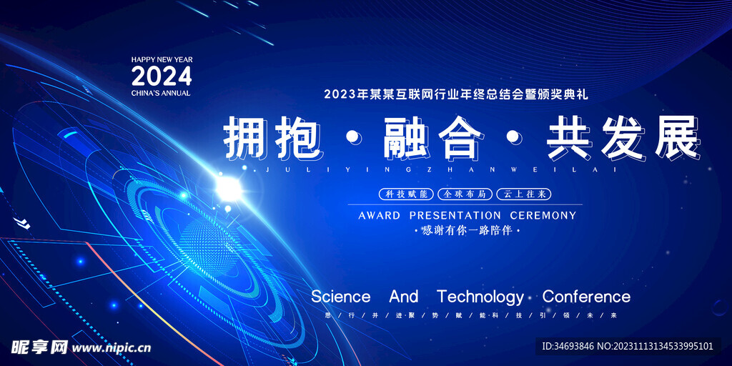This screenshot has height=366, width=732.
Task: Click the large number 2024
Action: click(162, 76)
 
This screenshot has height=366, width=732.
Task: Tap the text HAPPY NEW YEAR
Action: click(162, 59)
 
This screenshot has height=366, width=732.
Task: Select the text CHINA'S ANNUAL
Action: click(161, 93)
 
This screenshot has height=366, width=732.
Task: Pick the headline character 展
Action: click(675, 137)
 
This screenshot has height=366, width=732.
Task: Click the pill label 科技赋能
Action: click(405, 194)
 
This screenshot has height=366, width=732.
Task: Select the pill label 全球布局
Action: click(464, 194)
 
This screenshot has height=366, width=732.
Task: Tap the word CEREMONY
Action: click(543, 215)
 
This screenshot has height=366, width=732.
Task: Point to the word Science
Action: click(341, 297)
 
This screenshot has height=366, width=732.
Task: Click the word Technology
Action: click(480, 297)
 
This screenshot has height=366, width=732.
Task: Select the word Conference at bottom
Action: click(586, 297)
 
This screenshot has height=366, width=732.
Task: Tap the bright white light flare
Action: click(228, 187)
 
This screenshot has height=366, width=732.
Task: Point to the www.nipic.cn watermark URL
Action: click(112, 347)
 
